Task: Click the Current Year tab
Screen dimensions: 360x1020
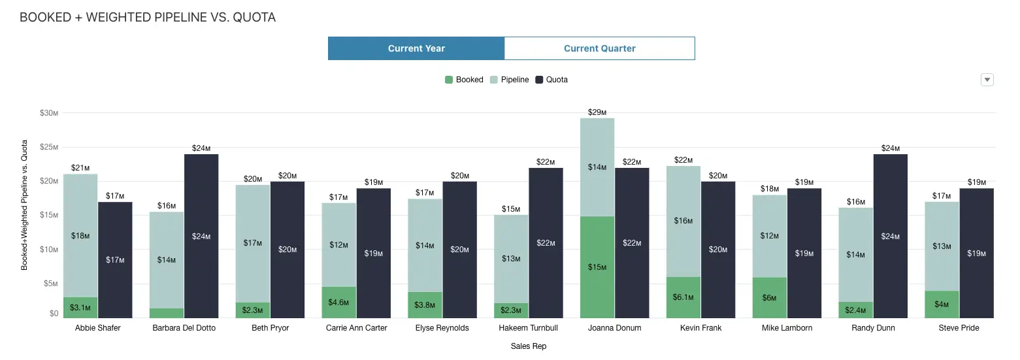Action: pyautogui.click(x=416, y=48)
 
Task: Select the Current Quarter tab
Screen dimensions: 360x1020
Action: pyautogui.click(x=599, y=48)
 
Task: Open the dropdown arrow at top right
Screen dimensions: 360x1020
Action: pyautogui.click(x=987, y=80)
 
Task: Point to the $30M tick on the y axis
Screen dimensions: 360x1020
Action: pyautogui.click(x=49, y=113)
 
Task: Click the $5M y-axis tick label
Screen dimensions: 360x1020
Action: pyautogui.click(x=50, y=284)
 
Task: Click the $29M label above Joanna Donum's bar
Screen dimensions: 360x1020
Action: pyautogui.click(x=597, y=112)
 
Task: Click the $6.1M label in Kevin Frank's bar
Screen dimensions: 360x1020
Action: pyautogui.click(x=683, y=297)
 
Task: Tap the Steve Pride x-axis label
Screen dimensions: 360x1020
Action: pyautogui.click(x=959, y=328)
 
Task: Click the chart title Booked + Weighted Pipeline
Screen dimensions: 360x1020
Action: pyautogui.click(x=148, y=18)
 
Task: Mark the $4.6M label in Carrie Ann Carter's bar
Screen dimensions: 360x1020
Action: pyautogui.click(x=338, y=303)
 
